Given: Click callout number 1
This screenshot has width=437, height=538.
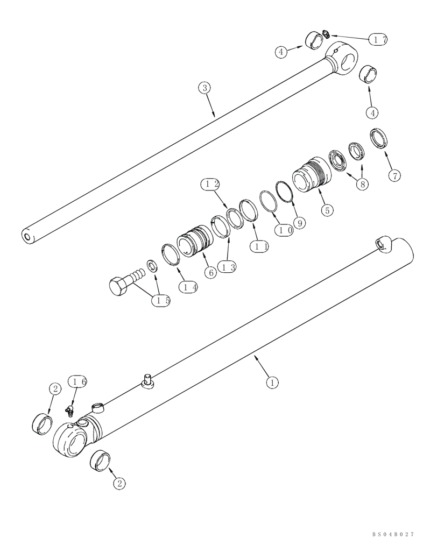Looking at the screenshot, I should pos(273,383).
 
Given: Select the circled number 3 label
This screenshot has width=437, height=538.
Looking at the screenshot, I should pos(204,88).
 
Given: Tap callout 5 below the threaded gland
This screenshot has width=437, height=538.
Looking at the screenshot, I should pos(327,210).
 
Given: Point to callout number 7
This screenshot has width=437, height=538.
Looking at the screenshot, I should pos(394,176).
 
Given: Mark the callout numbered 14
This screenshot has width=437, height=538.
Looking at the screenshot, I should pos(189,287).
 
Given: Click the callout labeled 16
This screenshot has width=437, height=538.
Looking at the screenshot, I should pos(78,383).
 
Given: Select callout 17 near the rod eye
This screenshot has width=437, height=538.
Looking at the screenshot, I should pos(378,40).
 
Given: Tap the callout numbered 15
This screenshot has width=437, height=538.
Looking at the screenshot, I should pos(161,301).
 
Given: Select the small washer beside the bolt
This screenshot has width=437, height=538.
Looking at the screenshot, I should pos(152,266).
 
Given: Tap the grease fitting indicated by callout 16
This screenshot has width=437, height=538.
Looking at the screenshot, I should pos(69,412).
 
